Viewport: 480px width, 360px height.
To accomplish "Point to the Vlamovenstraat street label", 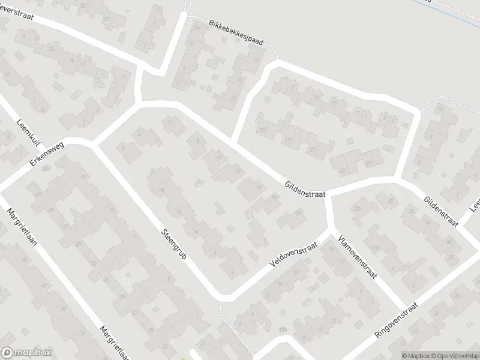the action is [x=357, y=257].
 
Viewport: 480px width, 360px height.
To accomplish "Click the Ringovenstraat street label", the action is [x=398, y=316].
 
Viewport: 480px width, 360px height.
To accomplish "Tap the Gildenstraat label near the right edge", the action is [x=440, y=211].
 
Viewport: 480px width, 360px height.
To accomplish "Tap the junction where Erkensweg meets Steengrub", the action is [x=94, y=144].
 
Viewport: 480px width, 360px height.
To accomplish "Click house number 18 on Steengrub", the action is [x=161, y=190].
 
